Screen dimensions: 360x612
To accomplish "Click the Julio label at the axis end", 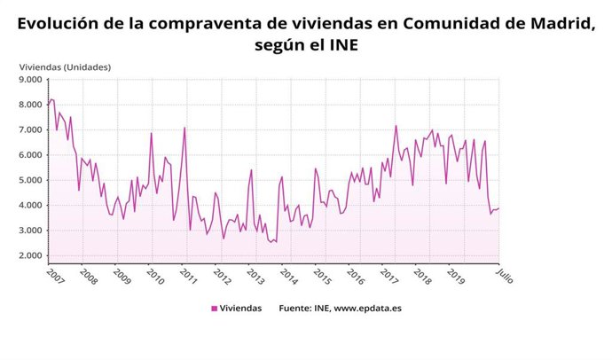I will coord(504,275).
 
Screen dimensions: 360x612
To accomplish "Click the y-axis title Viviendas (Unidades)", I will coord(65,66).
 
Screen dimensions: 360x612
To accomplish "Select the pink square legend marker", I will coord(215,309).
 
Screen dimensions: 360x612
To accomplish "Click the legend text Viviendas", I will coord(241,309).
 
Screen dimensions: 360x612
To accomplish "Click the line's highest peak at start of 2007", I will coord(51,99).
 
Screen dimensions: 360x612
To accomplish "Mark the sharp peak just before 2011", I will coord(184,128).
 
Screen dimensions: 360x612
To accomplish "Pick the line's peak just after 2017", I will coord(396,125).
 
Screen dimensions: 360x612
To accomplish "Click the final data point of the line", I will coord(499,208).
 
